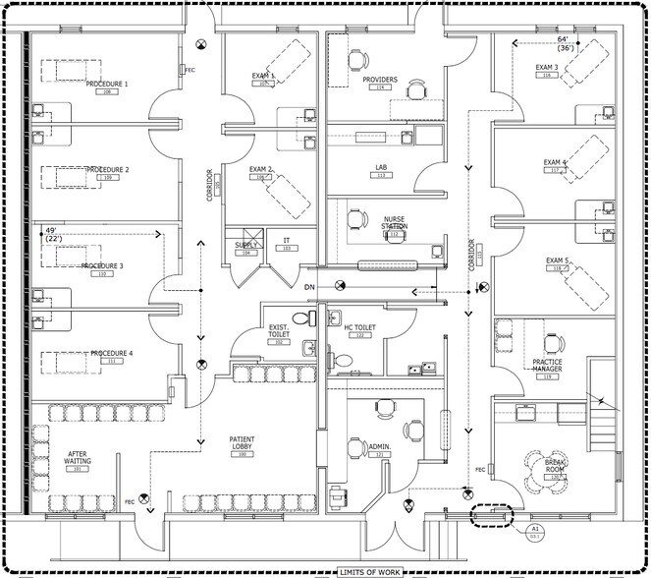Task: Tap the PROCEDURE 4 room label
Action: pos(111,354)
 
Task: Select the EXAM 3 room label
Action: pos(547,68)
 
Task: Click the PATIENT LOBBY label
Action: pos(243,442)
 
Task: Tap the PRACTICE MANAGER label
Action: pos(547,366)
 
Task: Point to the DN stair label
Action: pos(308,286)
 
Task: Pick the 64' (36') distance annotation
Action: pos(566,43)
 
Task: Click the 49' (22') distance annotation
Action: pos(54,235)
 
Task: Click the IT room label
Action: pos(287,240)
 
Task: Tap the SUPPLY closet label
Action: pos(246,246)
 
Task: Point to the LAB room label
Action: pos(381,168)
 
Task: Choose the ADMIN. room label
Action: pos(380,448)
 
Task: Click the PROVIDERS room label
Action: pos(380,80)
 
